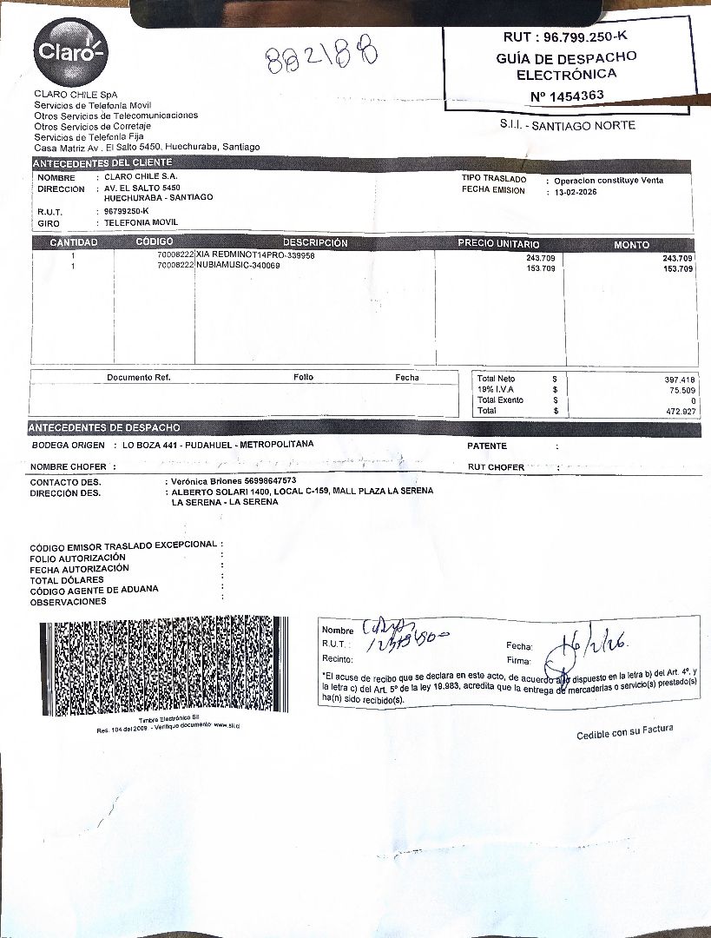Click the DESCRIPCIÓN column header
(314, 243)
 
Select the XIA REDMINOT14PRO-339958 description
(255, 256)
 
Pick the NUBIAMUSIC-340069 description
(238, 266)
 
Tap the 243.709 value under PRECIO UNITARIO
(541, 259)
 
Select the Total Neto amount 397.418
(679, 380)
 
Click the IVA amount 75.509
(681, 390)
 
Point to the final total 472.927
(679, 411)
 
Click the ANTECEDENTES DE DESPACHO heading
(105, 428)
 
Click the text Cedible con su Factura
(624, 733)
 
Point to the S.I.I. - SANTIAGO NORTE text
(567, 126)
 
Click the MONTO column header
(631, 245)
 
